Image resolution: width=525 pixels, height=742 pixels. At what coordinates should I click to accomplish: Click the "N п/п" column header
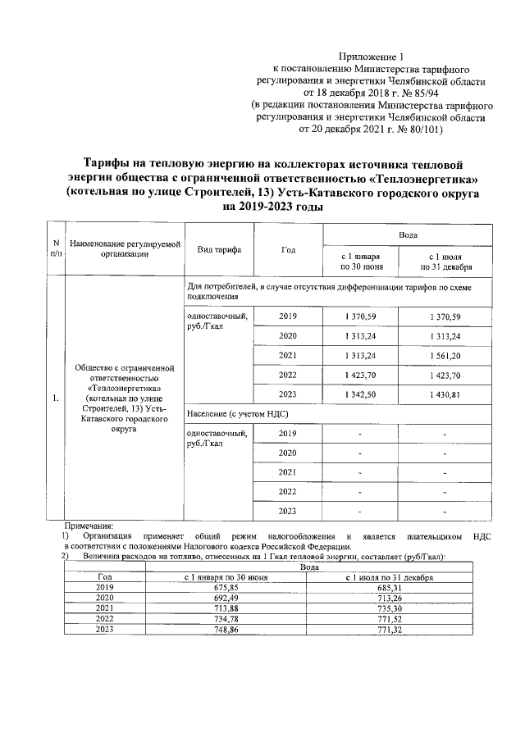click(56, 249)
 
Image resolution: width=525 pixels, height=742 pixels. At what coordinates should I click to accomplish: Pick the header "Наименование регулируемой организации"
click(125, 249)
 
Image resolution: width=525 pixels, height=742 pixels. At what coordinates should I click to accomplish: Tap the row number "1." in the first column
click(56, 399)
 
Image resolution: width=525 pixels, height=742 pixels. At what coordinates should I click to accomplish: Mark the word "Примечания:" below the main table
click(89, 526)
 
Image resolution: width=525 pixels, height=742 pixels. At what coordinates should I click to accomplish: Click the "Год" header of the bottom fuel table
click(104, 577)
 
